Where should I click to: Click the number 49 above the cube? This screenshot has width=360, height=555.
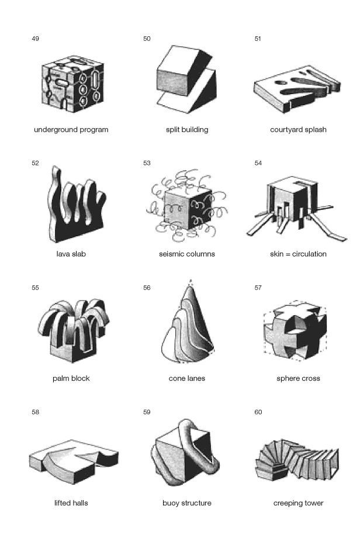[36, 39]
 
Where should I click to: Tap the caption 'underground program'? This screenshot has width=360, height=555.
[71, 130]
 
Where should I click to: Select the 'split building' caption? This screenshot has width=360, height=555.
[187, 130]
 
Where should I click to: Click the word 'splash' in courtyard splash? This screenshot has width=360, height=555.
[314, 130]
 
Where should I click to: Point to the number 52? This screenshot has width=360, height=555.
[36, 163]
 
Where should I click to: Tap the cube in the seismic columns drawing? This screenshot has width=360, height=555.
[188, 209]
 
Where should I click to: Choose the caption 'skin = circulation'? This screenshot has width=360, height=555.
[298, 254]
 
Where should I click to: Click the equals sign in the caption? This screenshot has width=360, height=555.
[288, 254]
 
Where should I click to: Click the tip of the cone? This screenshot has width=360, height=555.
[191, 281]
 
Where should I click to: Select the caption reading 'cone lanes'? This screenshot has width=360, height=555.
[186, 378]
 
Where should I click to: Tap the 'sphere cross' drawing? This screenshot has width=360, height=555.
[295, 331]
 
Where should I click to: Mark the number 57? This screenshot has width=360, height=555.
[258, 288]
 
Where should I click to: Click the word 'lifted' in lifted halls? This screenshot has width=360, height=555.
[62, 503]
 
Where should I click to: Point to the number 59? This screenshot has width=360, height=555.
[147, 412]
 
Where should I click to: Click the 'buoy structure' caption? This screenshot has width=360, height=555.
[186, 503]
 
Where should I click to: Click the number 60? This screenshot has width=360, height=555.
[258, 412]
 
